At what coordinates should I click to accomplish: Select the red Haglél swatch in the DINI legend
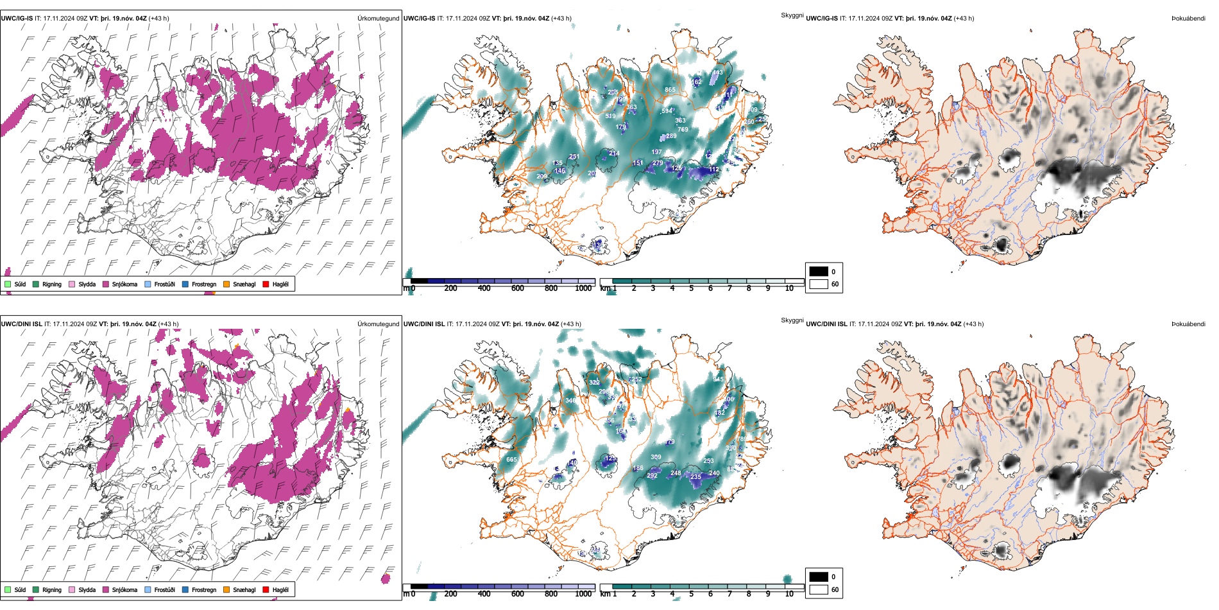(x=266, y=589)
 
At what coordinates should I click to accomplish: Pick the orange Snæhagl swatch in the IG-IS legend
(x=226, y=284)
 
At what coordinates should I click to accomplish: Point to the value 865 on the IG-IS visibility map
(x=670, y=90)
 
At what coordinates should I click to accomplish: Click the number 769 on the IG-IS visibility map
(x=683, y=130)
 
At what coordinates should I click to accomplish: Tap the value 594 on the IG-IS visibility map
(x=667, y=111)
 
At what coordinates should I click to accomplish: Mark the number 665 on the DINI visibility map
(x=511, y=460)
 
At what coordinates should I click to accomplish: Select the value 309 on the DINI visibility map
(x=656, y=458)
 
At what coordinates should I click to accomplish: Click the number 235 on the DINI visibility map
(x=695, y=477)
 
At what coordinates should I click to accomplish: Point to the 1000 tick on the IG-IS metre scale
(x=583, y=288)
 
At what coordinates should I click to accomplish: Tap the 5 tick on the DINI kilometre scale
(x=691, y=594)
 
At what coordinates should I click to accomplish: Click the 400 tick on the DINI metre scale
(x=484, y=594)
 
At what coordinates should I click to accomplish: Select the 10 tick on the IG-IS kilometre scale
(x=789, y=288)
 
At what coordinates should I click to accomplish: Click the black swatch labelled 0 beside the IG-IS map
(x=819, y=271)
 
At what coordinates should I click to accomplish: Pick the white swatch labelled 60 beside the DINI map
(x=819, y=589)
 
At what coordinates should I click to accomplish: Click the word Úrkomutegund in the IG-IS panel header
(x=378, y=18)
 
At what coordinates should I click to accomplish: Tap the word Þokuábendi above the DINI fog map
(x=1188, y=324)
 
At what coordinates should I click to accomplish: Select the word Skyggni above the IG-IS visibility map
(x=792, y=15)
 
